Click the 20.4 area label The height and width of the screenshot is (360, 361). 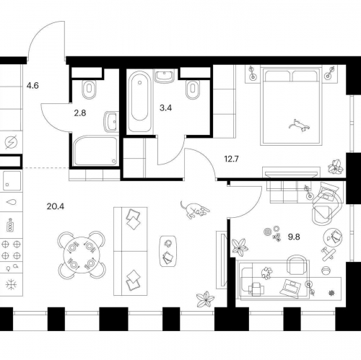point(56,206)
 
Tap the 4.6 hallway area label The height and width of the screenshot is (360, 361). point(32,86)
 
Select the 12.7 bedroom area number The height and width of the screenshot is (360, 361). point(231,159)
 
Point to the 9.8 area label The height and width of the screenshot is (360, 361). point(294,237)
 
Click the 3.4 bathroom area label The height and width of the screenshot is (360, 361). point(165,108)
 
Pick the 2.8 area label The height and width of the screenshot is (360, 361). point(80,113)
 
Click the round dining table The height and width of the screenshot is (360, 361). point(82,255)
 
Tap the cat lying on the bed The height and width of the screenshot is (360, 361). point(299,125)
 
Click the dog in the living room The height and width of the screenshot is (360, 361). point(195,210)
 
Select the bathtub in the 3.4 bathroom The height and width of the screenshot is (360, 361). point(140,101)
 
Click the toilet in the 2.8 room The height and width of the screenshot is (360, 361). point(89,89)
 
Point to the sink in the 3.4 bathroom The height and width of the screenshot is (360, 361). point(165,76)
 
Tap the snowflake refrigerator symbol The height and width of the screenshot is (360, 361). point(12,285)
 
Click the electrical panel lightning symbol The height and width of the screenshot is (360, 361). point(12,142)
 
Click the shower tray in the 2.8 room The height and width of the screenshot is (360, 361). point(95,151)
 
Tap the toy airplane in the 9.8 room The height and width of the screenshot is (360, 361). point(329,254)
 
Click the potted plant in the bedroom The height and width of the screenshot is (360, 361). point(335,166)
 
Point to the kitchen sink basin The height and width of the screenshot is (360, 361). point(12,181)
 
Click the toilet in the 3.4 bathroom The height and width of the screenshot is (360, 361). point(193,89)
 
